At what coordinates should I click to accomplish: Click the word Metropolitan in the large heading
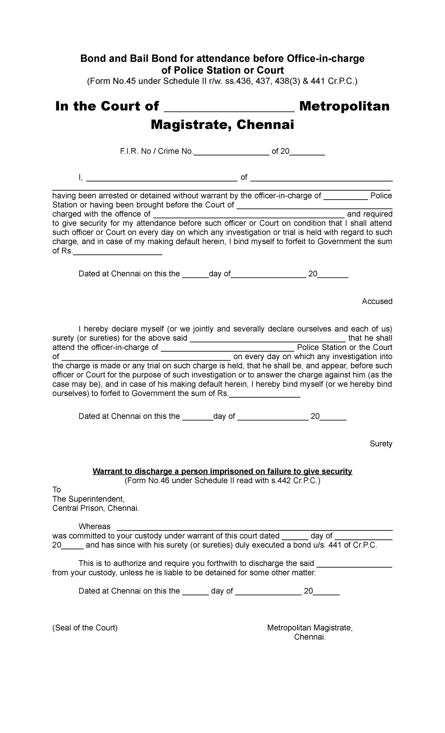click(344, 106)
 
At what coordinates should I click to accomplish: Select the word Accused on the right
click(377, 301)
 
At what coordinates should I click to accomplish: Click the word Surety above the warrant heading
click(381, 444)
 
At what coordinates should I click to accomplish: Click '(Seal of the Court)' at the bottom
click(85, 628)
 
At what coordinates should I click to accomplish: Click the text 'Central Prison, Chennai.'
click(96, 508)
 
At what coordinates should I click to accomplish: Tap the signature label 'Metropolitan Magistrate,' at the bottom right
click(310, 628)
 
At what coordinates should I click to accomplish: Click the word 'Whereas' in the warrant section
click(94, 527)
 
